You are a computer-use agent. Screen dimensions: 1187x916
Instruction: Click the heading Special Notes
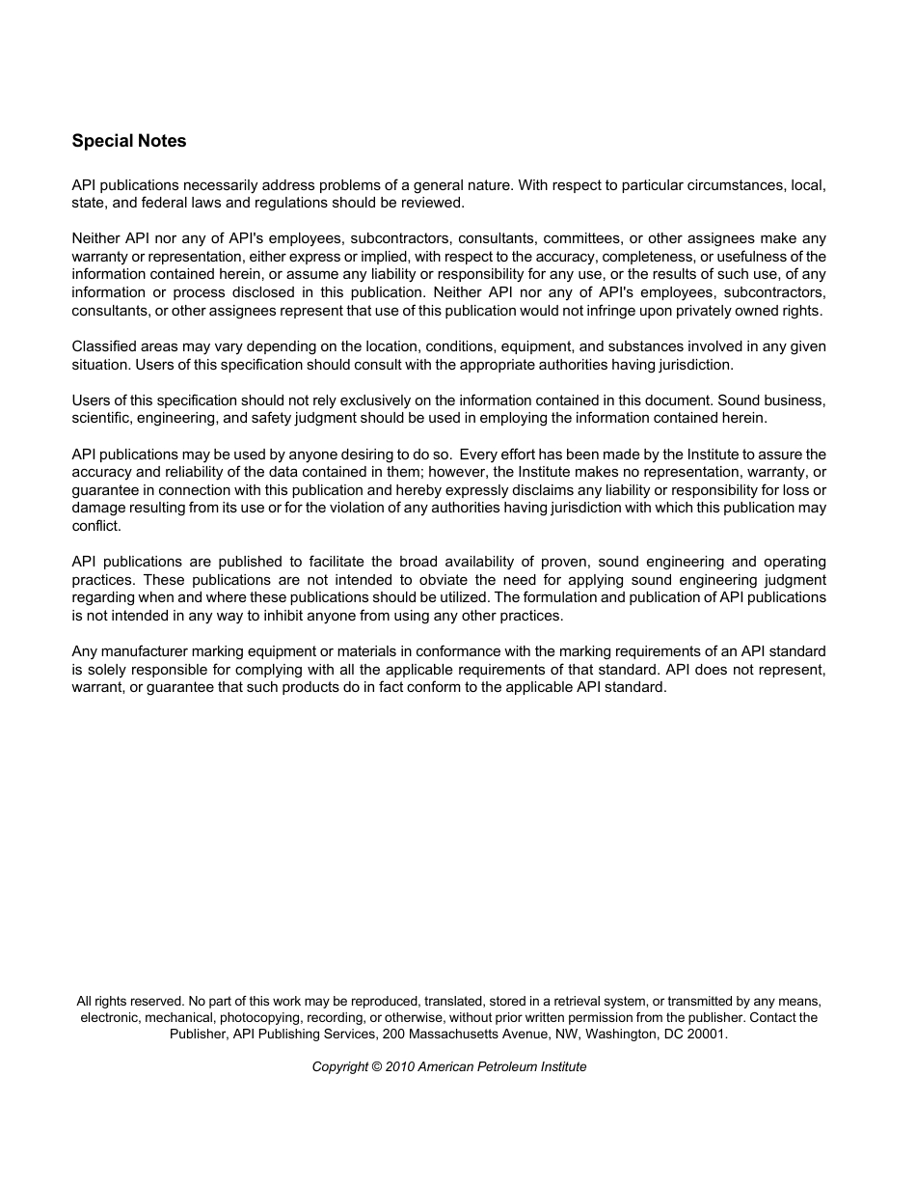(x=129, y=141)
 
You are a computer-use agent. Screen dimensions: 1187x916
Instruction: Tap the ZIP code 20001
(x=707, y=1034)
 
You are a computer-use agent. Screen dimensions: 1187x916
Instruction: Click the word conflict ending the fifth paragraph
(x=95, y=526)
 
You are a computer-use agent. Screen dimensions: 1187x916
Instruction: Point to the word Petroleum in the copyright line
(x=497, y=1066)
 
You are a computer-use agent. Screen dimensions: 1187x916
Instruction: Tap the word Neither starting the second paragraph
(x=96, y=238)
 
